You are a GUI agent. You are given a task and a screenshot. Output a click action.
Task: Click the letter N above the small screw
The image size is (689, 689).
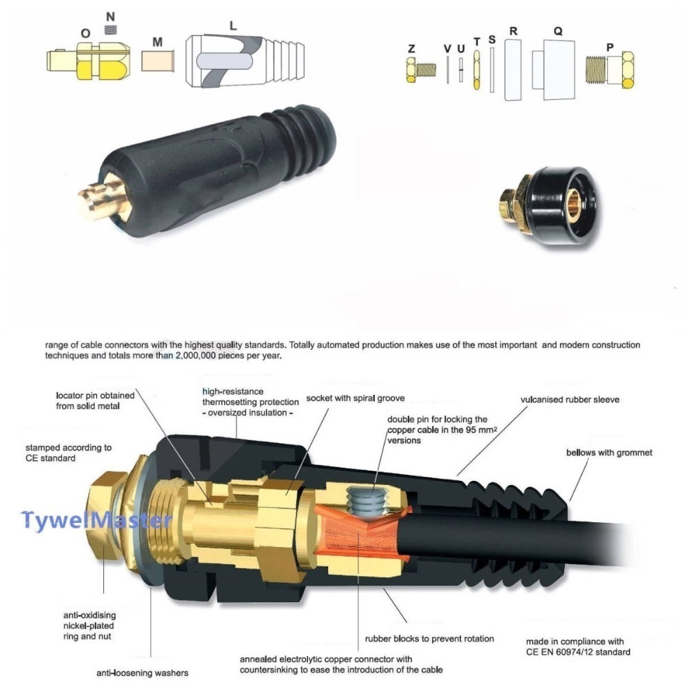coord(110,17)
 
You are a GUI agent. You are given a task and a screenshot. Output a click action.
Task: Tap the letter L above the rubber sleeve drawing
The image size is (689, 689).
coord(233,26)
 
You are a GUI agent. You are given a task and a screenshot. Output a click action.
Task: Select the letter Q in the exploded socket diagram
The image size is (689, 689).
coord(557,31)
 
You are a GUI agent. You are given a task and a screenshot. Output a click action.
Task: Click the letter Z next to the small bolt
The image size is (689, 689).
coord(411,48)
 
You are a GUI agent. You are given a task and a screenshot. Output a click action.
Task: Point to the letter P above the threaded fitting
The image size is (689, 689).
coord(610,48)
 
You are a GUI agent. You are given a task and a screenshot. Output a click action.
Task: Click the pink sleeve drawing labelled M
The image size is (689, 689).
coord(158,61)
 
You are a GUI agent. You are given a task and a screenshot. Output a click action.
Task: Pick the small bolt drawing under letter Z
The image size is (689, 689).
coord(421,70)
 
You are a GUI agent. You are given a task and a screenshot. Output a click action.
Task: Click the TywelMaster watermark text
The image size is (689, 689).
coord(96,520)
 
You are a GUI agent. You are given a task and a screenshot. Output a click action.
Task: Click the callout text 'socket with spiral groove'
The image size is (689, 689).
coord(356,398)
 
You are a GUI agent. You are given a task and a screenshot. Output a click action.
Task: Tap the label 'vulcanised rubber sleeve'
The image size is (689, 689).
coord(570,400)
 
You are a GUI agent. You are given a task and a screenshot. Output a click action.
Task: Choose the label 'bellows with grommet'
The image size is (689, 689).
coord(609,453)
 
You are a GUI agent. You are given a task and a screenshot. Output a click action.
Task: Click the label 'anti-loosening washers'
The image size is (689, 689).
coord(143,672)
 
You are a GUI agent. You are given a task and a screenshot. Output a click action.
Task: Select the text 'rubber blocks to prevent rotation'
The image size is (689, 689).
coord(429,639)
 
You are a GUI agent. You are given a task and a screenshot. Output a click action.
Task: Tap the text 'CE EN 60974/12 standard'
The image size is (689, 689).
coord(578,652)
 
